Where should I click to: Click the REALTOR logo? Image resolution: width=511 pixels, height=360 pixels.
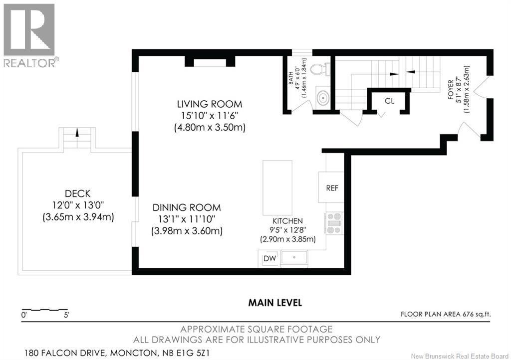(x=29, y=35)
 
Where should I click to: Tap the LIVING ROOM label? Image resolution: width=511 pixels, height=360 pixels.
(x=210, y=104)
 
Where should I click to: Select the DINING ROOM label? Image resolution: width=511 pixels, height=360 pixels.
(x=187, y=207)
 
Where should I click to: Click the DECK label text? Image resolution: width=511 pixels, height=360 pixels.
(x=77, y=193)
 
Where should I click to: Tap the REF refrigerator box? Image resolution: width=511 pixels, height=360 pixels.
(x=331, y=187)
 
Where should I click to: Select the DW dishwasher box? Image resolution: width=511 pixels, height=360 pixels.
(x=269, y=259)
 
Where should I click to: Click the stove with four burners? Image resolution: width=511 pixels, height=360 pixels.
(x=334, y=223)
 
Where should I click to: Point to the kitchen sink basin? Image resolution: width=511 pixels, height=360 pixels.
(x=294, y=257)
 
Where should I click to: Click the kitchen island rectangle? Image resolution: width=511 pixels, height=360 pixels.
(x=277, y=187)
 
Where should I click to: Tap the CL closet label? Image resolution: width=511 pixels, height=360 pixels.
(x=389, y=101)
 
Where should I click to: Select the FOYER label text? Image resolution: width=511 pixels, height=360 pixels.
(x=451, y=89)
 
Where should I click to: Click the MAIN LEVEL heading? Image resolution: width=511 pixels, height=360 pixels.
(x=275, y=303)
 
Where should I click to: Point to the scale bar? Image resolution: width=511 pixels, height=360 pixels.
(x=44, y=309)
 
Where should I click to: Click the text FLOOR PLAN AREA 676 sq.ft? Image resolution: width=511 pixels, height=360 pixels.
(x=446, y=314)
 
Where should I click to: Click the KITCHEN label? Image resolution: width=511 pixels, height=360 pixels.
(x=288, y=221)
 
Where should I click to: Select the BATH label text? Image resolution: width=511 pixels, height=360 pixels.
(x=291, y=80)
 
